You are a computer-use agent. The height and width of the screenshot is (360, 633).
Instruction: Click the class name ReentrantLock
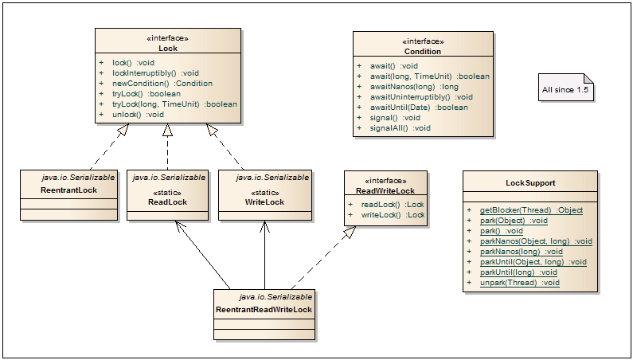pos(69,190)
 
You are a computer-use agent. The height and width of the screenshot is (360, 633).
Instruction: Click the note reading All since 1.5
pos(565,87)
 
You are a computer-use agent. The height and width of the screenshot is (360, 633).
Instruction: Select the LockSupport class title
pos(530,182)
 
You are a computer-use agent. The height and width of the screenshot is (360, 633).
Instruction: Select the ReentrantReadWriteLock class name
pos(264,310)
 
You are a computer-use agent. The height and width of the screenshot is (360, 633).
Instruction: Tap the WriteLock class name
pos(264,202)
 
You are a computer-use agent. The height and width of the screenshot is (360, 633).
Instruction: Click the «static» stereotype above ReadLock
pos(167,193)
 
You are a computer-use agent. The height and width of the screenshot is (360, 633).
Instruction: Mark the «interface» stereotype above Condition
pos(423,41)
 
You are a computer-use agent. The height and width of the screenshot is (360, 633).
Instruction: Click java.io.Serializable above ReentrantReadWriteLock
pos(275,297)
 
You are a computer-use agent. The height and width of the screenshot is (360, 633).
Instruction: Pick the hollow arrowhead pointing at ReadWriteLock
pos(350,232)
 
